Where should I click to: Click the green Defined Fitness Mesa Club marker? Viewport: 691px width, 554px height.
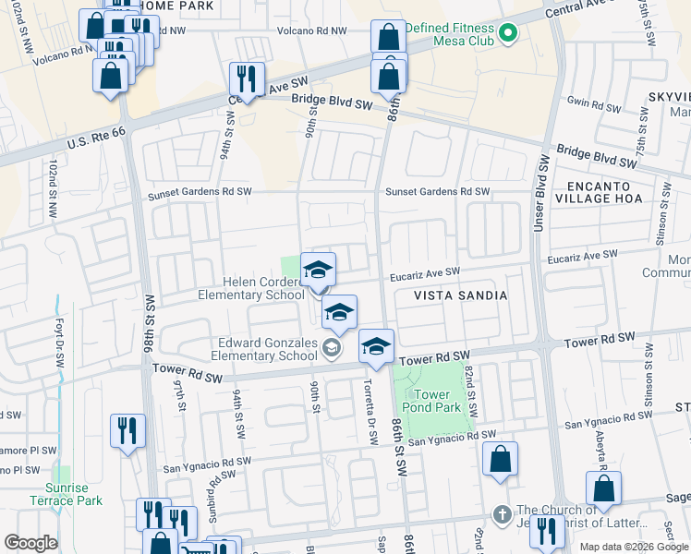click(506, 36)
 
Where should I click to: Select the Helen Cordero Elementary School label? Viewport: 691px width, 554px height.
click(250, 288)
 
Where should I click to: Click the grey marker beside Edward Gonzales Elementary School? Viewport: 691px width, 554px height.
click(332, 347)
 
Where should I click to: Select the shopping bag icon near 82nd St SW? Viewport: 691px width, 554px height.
click(500, 459)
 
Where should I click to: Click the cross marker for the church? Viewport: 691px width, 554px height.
click(502, 513)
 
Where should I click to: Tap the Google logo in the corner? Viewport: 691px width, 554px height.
click(30, 542)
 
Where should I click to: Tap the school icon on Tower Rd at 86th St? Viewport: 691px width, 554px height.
click(376, 347)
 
